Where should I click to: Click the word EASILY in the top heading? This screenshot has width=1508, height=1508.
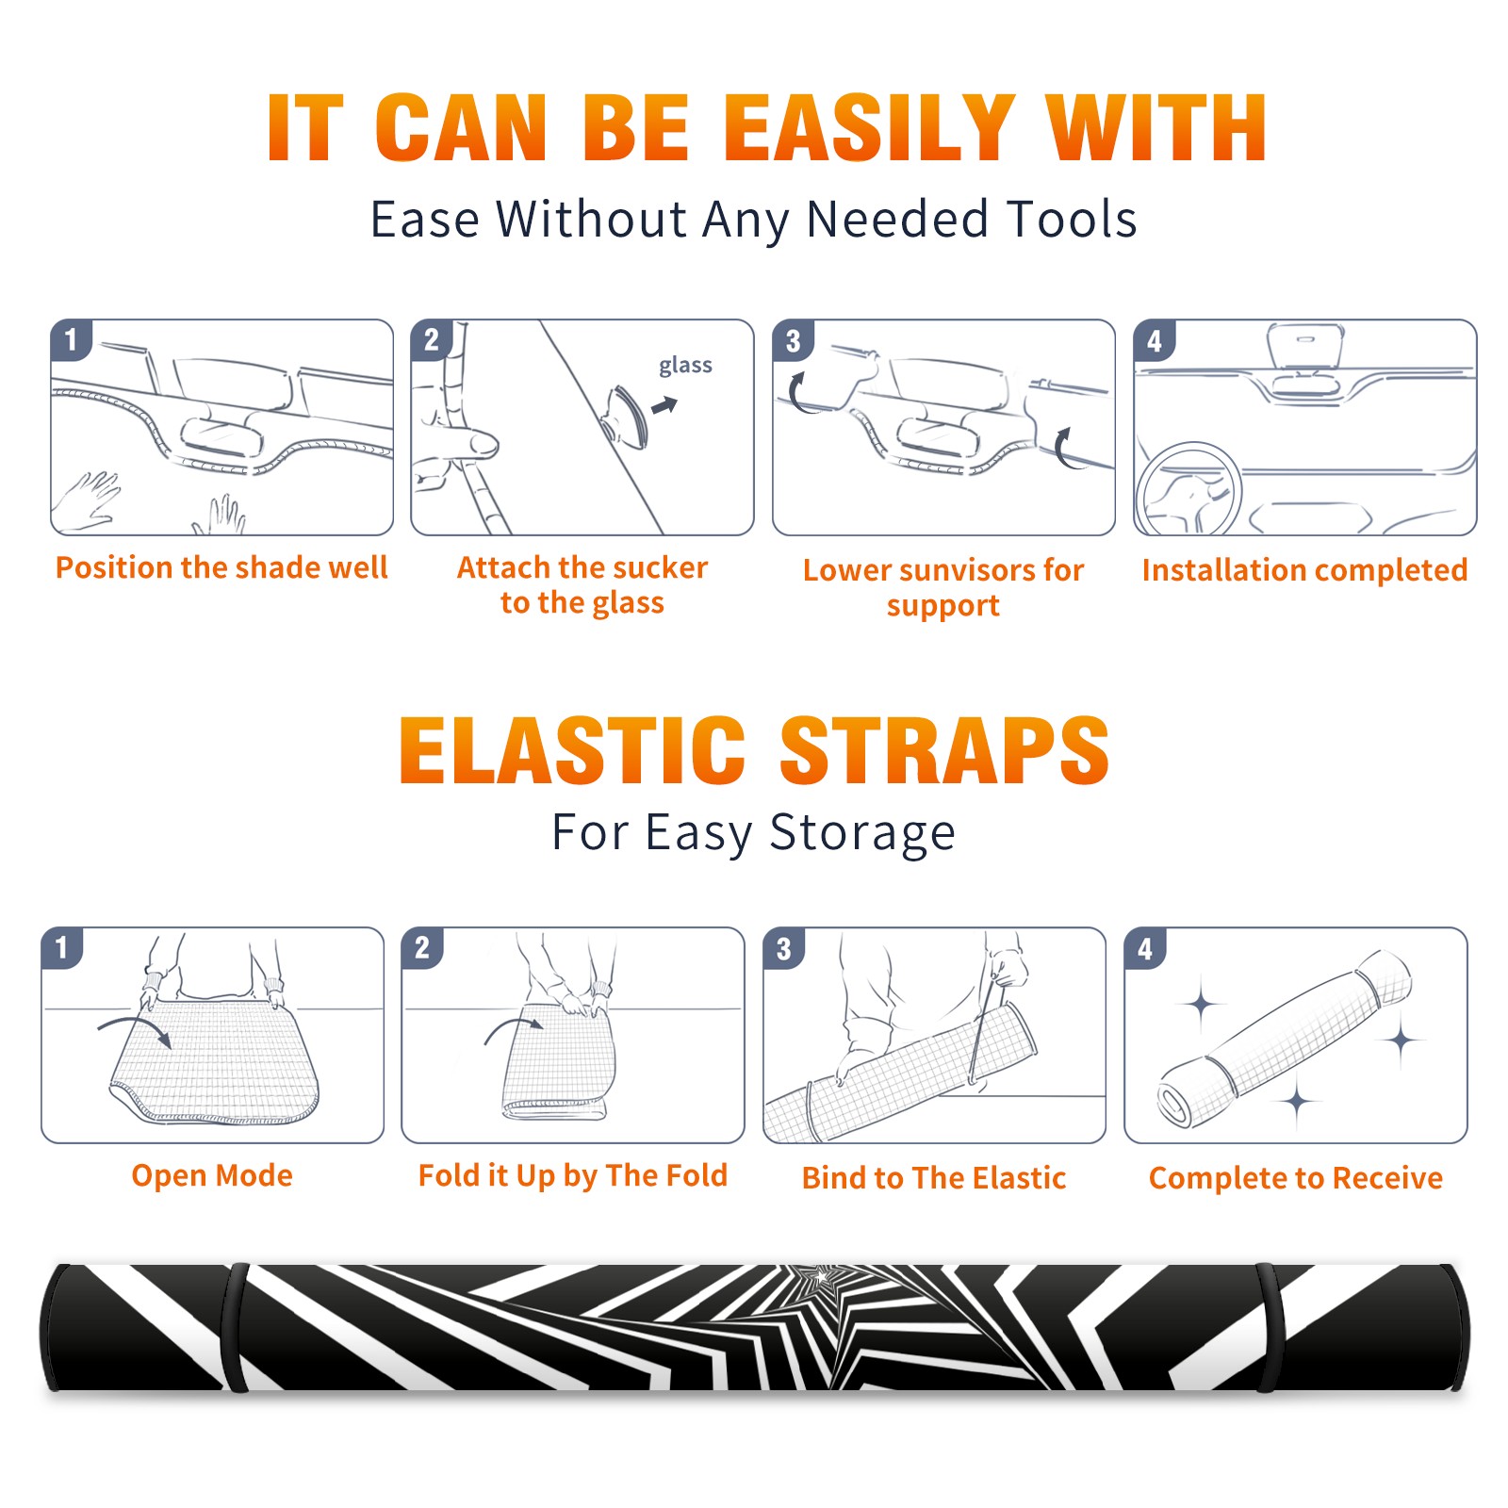click(x=870, y=128)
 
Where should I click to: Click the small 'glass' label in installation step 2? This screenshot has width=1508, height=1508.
click(x=685, y=366)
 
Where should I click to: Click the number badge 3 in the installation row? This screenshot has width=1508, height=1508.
click(x=793, y=340)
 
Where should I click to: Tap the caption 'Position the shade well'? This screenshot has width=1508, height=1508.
click(x=221, y=567)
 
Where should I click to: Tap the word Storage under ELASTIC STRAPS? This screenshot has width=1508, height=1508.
click(x=862, y=833)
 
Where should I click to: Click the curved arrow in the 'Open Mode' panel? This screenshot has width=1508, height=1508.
click(x=135, y=1029)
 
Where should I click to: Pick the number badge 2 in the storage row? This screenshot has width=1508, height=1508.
click(x=422, y=947)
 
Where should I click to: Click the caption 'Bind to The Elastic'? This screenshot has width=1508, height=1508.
click(x=933, y=1177)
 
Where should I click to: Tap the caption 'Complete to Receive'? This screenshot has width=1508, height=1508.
click(x=1295, y=1177)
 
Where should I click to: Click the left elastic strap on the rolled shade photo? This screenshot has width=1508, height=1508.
click(x=235, y=1327)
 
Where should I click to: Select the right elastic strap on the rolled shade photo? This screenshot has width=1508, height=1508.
click(x=1269, y=1327)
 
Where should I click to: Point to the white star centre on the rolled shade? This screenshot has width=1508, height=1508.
click(x=822, y=1277)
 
